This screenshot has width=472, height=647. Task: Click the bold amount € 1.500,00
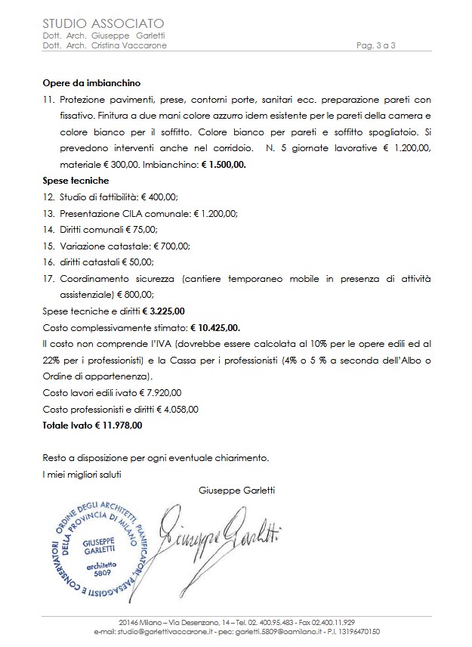point(229,163)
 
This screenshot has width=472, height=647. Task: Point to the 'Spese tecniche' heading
point(76,181)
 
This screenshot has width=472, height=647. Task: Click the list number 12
point(48,197)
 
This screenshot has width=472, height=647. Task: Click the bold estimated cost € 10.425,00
point(215,327)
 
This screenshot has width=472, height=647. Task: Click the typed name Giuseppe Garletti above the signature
point(236,491)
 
